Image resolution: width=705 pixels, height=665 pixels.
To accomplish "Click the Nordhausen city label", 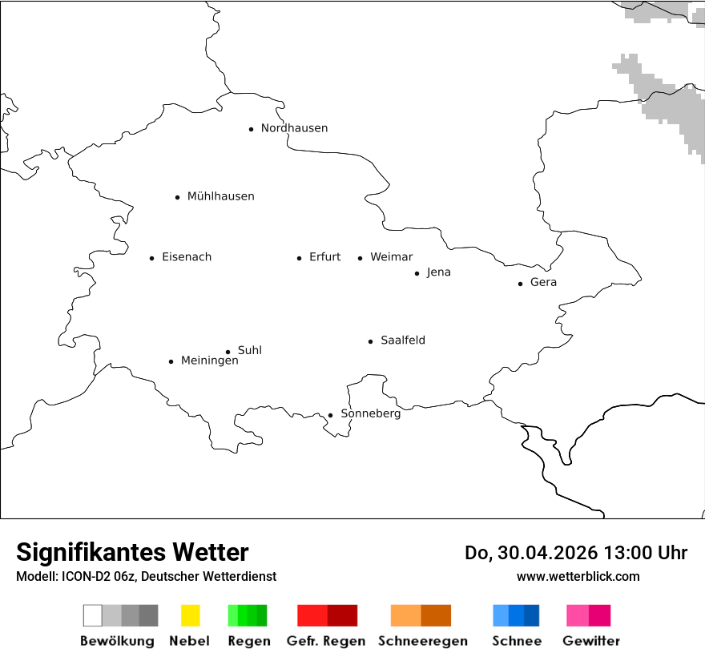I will [x=294, y=128].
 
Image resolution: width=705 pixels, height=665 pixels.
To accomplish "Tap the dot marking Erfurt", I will [x=299, y=258].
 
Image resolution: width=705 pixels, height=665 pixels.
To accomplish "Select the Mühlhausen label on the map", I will [x=220, y=196].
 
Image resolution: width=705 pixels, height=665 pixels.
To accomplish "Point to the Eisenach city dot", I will [x=151, y=258].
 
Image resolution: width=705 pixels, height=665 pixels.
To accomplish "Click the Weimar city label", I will [x=391, y=257].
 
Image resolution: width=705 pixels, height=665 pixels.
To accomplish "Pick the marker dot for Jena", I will [x=417, y=273].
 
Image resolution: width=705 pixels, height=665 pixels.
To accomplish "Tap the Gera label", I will [x=543, y=283].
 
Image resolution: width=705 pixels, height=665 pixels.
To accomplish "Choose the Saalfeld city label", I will [x=402, y=341].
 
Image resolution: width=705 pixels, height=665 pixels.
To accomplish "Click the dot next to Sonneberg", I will [x=330, y=415].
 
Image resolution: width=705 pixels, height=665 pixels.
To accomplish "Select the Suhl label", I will [x=249, y=350].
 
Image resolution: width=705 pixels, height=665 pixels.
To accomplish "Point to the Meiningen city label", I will [x=209, y=361].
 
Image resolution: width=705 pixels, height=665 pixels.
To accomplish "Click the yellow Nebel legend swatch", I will [x=190, y=615].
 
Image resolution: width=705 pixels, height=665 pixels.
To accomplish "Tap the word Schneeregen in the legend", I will [x=423, y=641].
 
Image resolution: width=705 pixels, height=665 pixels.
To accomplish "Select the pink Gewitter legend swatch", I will [x=578, y=615].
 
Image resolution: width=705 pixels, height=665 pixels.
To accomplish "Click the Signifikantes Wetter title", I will [x=132, y=553].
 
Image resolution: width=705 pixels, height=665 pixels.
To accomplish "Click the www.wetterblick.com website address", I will [x=578, y=576].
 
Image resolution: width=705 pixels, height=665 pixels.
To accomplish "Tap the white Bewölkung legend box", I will [x=93, y=615].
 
